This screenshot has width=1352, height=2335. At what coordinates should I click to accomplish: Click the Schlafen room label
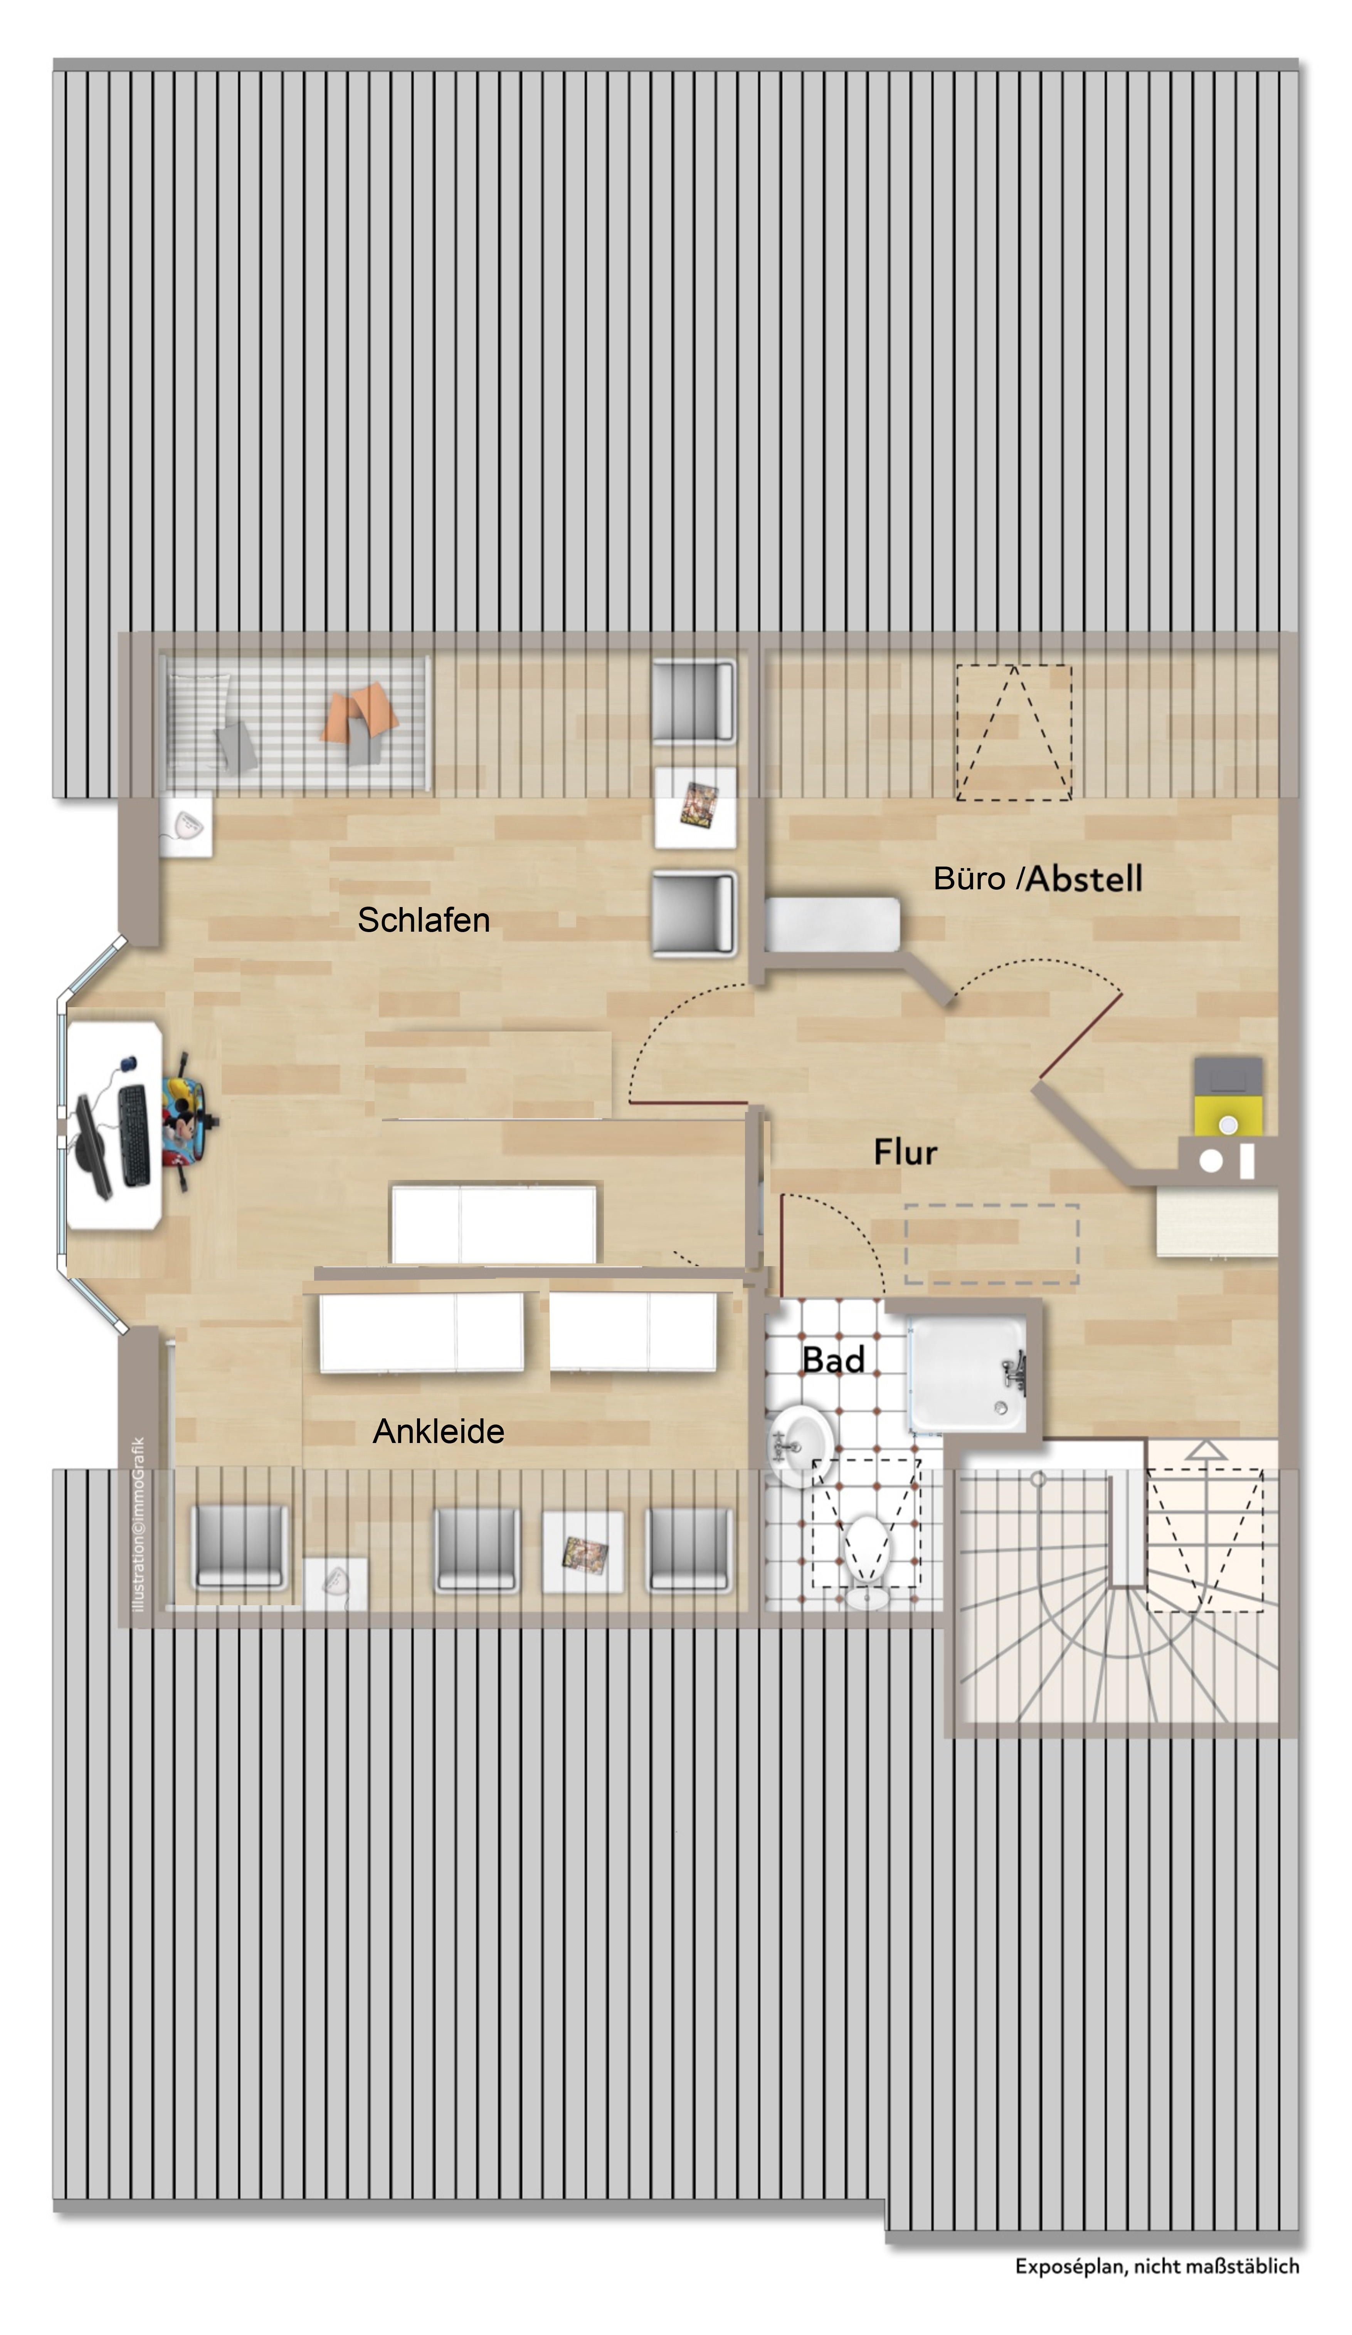pyautogui.click(x=424, y=920)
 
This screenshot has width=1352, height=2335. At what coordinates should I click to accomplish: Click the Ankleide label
pyautogui.click(x=438, y=1431)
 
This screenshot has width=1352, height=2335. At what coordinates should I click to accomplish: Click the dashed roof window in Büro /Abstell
pyautogui.click(x=1014, y=732)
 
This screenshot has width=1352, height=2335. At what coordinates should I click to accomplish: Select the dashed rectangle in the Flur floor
pyautogui.click(x=992, y=1243)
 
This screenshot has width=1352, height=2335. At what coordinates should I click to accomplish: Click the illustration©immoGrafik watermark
pyautogui.click(x=139, y=1524)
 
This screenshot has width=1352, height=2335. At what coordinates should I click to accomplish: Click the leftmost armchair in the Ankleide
pyautogui.click(x=239, y=1547)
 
